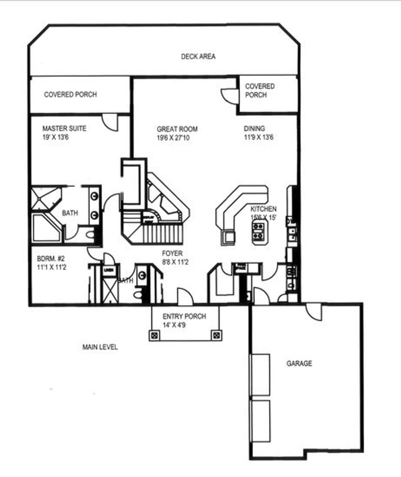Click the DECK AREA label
tap(198, 56)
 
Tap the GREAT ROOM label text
tap(177, 129)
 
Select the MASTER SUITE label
tap(64, 128)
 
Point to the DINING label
tap(254, 128)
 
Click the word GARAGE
tap(299, 363)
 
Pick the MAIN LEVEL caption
tap(100, 347)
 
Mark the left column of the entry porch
tap(155, 335)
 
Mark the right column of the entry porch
tap(216, 335)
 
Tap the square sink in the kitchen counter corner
tap(228, 236)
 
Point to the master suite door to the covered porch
tap(110, 123)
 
